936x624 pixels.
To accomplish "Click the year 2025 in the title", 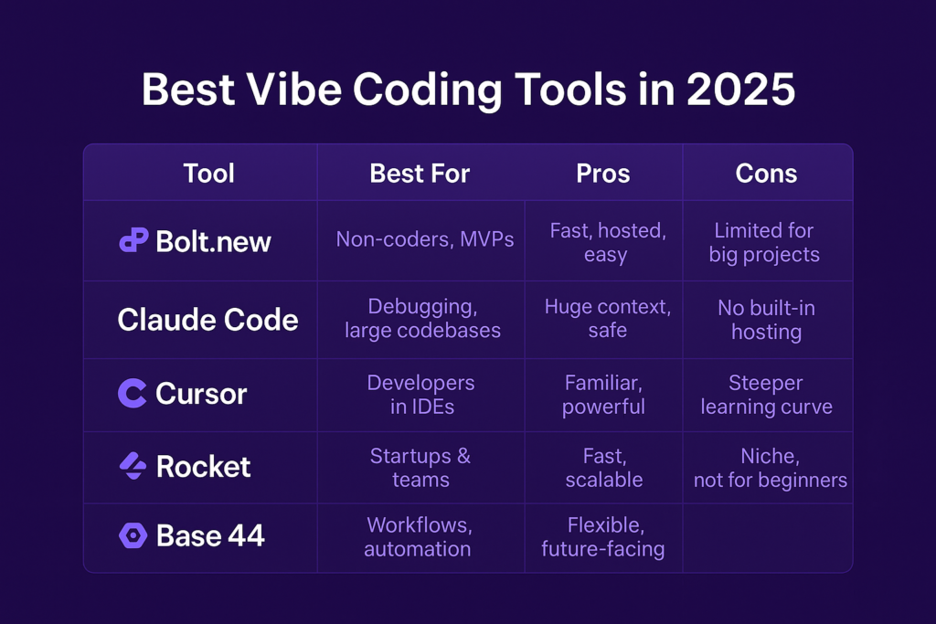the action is coord(740,90).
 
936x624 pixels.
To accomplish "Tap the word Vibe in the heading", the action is coord(293,90).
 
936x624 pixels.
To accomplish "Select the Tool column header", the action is coord(208,174).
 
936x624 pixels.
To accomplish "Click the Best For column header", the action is coord(420,174).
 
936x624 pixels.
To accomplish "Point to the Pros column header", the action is coord(603,174).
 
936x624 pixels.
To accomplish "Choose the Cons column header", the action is coord(766,174).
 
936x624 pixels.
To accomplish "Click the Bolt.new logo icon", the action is coord(133,240).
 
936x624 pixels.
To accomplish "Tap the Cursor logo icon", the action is coord(133,393).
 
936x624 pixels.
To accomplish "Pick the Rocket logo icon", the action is coord(133,466).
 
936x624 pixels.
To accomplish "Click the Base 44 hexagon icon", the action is coord(133,535).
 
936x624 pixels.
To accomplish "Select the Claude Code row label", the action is coord(207,320).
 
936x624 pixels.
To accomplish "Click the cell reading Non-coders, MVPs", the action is coord(424,239).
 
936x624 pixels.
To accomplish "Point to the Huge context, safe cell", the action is coord(608,318).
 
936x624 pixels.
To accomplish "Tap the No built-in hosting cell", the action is coord(767,320).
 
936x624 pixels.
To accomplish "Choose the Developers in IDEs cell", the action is coord(420,395).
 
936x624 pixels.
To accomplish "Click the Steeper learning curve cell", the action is coord(767,395).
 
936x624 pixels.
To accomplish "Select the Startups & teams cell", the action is coord(420,468).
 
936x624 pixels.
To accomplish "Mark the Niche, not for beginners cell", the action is coord(770,468).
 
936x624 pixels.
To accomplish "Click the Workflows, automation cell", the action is coord(419,536).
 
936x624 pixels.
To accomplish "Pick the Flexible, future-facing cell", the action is coord(603,536).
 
